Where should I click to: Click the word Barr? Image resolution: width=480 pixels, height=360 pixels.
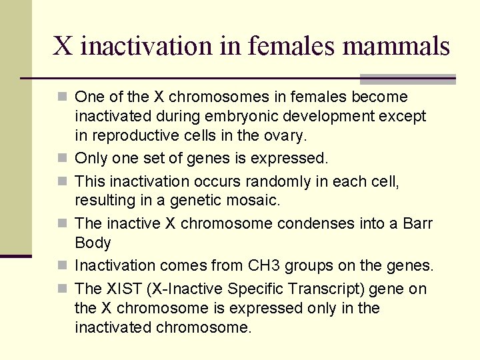pos(418,223)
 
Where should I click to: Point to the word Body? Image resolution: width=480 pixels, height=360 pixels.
pos(93,243)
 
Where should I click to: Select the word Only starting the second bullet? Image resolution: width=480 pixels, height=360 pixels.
pos(89,159)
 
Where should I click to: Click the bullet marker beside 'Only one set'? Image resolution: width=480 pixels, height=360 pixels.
pos(63,159)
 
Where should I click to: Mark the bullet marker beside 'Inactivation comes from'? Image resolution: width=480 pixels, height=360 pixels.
pos(63,265)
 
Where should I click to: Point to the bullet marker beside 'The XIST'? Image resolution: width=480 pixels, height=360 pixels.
pos(63,289)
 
